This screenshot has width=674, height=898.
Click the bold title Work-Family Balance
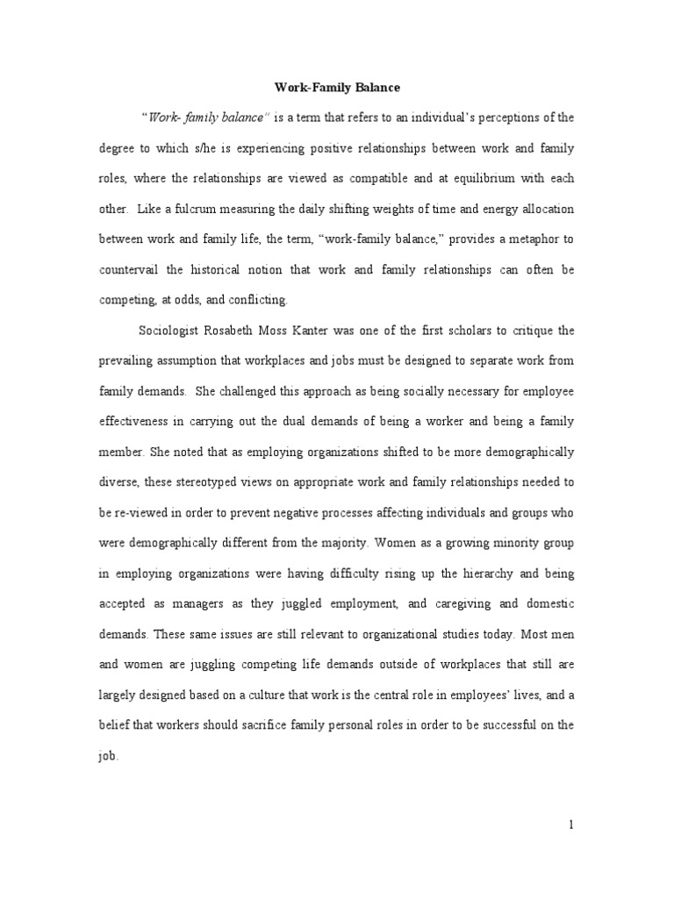tap(337, 88)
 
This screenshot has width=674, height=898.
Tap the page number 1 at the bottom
tap(570, 824)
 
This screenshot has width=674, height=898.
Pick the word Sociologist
tap(176, 331)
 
